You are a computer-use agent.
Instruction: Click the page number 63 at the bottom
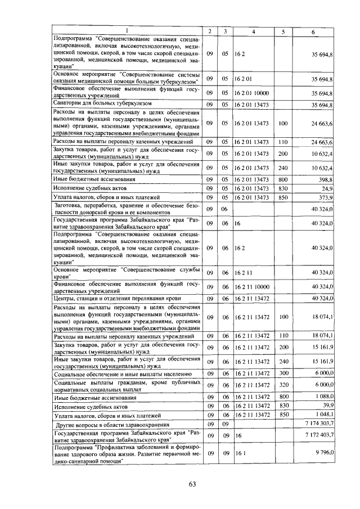[x=192, y=484]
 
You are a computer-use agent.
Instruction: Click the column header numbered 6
[x=313, y=31]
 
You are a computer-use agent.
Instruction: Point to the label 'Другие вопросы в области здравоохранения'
[x=112, y=423]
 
